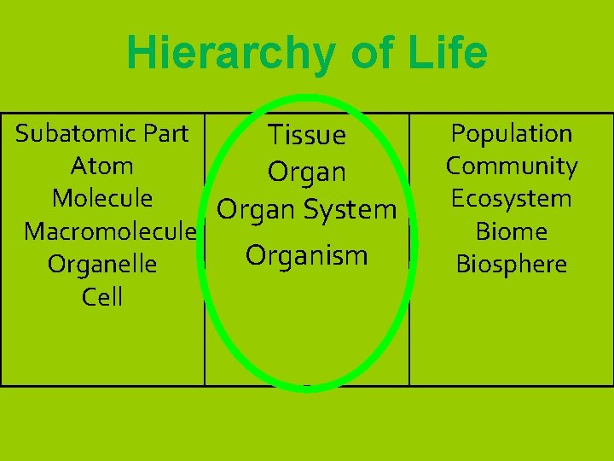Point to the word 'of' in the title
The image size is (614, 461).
(x=367, y=54)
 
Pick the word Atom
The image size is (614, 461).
(x=102, y=166)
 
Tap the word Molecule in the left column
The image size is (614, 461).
(x=102, y=198)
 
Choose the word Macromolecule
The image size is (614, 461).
(x=110, y=231)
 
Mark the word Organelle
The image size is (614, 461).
(x=102, y=265)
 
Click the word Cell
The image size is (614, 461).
(x=102, y=297)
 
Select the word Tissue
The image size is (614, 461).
(x=307, y=135)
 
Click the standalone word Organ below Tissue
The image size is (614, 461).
(x=307, y=173)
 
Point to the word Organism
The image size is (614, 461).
(x=307, y=254)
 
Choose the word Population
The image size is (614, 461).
(x=512, y=133)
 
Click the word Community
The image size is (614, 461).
(x=512, y=166)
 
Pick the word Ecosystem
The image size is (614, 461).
(x=512, y=198)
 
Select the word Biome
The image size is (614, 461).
(x=512, y=231)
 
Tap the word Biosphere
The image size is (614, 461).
(x=512, y=265)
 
